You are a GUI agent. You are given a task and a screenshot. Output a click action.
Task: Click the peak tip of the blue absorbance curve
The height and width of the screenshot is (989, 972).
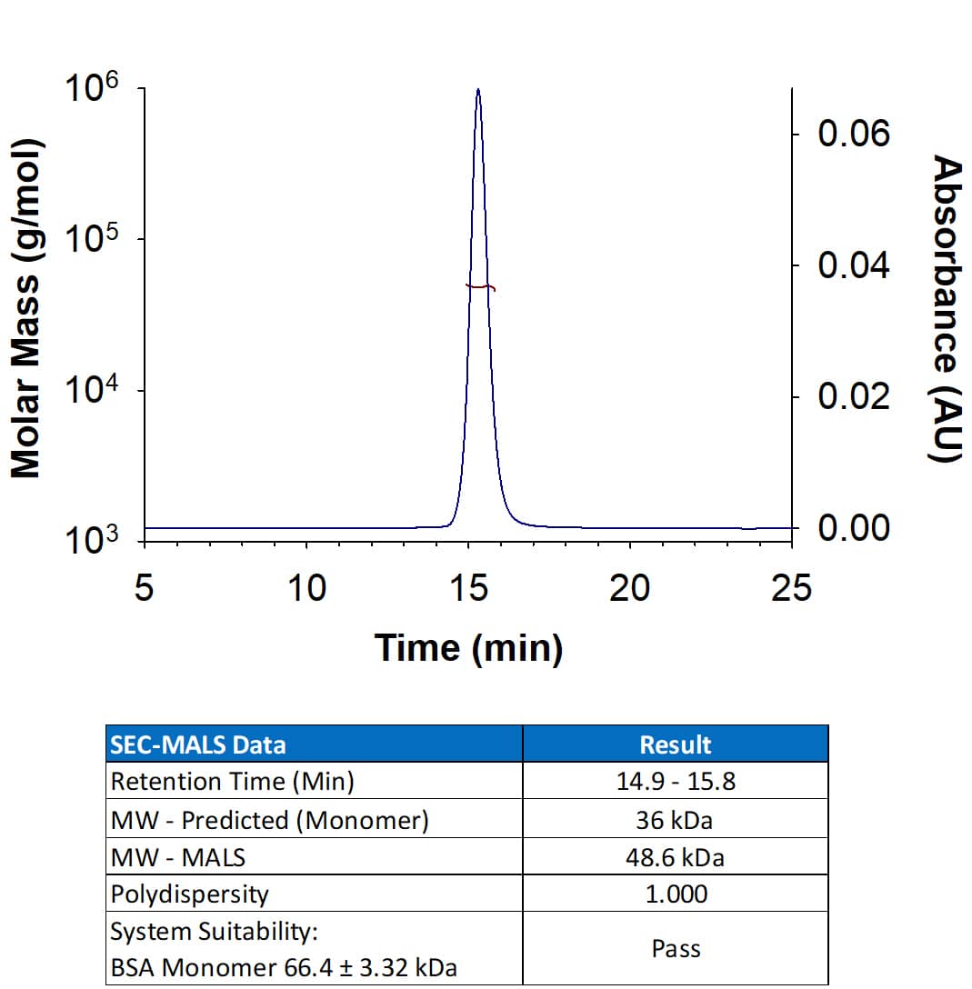(x=478, y=90)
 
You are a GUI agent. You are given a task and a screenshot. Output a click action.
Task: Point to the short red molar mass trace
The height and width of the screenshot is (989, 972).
(x=480, y=287)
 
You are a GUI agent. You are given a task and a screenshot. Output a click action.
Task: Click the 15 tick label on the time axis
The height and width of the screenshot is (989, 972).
(x=468, y=588)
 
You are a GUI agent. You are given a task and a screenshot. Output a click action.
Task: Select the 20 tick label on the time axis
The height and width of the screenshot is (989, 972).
(x=630, y=588)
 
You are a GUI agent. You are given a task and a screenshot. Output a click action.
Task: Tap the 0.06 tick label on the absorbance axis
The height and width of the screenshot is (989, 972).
(x=854, y=135)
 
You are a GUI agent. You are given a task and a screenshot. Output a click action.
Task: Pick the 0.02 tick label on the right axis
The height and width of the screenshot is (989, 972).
(x=854, y=397)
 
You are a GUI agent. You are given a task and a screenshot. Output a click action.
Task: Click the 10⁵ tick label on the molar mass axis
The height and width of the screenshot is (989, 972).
(x=91, y=241)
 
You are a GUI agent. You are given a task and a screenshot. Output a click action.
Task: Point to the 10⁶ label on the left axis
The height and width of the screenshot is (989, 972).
(x=91, y=91)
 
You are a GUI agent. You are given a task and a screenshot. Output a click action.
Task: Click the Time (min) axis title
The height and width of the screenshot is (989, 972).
(x=468, y=648)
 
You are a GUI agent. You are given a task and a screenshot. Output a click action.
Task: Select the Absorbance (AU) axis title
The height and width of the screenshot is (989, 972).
(x=947, y=309)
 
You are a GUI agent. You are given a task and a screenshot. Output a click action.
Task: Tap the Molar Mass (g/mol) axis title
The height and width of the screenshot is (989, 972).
(x=26, y=309)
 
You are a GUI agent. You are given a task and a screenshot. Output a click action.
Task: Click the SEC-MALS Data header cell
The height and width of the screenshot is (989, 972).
(x=197, y=745)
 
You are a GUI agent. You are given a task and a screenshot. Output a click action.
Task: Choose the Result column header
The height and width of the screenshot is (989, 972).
(x=676, y=745)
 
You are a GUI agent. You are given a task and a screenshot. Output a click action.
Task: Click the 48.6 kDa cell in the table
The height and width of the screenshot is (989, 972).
(x=676, y=857)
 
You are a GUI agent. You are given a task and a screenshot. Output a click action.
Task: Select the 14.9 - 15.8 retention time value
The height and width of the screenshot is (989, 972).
(x=676, y=782)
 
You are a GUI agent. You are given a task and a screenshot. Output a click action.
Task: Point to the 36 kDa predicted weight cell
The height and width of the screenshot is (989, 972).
(x=676, y=820)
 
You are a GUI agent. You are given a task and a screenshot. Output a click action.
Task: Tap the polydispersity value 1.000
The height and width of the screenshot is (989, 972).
(x=676, y=894)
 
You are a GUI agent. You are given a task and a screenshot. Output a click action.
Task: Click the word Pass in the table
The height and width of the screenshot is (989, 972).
(x=676, y=949)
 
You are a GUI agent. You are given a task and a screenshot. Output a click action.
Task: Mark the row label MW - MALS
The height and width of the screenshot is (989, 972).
(x=177, y=857)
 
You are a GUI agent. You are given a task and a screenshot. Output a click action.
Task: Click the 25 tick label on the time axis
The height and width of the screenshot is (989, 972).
(x=791, y=588)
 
